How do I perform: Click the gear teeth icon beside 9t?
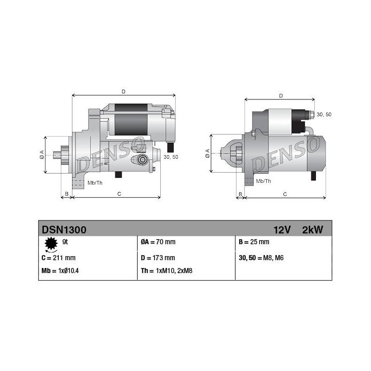click(x=50, y=243)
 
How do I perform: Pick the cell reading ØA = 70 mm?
click(x=158, y=242)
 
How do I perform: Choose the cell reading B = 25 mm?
click(x=254, y=242)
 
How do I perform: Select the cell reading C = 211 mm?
click(x=58, y=258)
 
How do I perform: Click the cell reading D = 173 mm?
click(x=158, y=258)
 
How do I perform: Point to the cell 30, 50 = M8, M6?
click(x=262, y=258)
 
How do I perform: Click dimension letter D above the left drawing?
click(x=123, y=92)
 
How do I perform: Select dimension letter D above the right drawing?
click(x=280, y=96)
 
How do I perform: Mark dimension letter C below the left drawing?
click(x=119, y=194)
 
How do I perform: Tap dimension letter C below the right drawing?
click(x=285, y=194)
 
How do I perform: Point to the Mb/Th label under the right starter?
click(x=263, y=181)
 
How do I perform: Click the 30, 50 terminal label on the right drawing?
click(x=324, y=114)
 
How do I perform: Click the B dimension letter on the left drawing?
click(x=65, y=194)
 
